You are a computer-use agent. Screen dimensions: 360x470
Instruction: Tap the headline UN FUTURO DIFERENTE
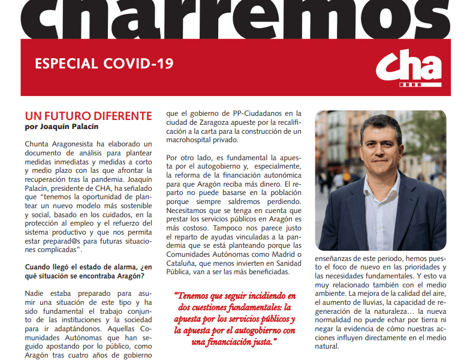[88, 115]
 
